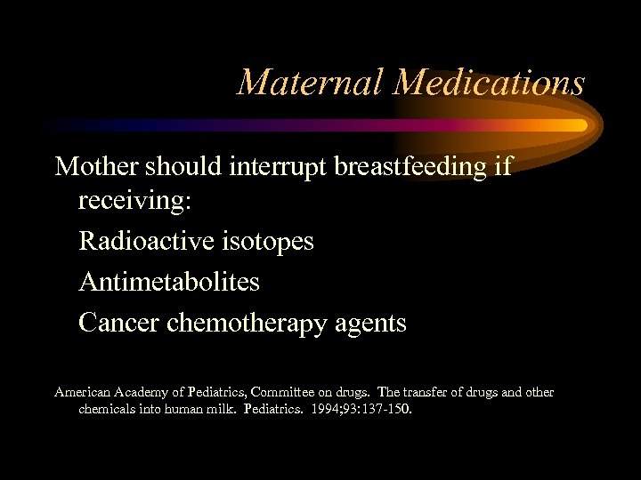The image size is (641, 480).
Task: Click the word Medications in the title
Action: point(490,83)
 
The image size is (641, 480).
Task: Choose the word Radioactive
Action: point(143,241)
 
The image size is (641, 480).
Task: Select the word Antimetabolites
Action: point(169,282)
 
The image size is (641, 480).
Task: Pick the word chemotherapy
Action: point(258,324)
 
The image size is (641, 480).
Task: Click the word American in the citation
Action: point(81,392)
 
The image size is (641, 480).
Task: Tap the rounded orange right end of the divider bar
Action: point(580,125)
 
